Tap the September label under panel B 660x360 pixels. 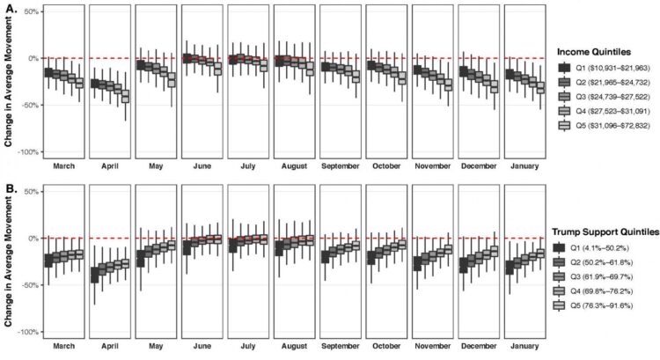click(340, 345)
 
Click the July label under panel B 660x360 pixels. click(247, 345)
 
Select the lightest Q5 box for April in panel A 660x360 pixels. click(125, 97)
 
